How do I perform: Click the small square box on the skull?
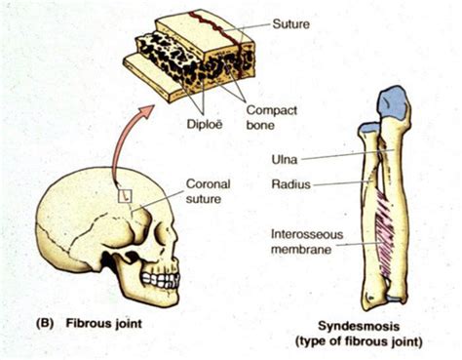click(125, 195)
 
